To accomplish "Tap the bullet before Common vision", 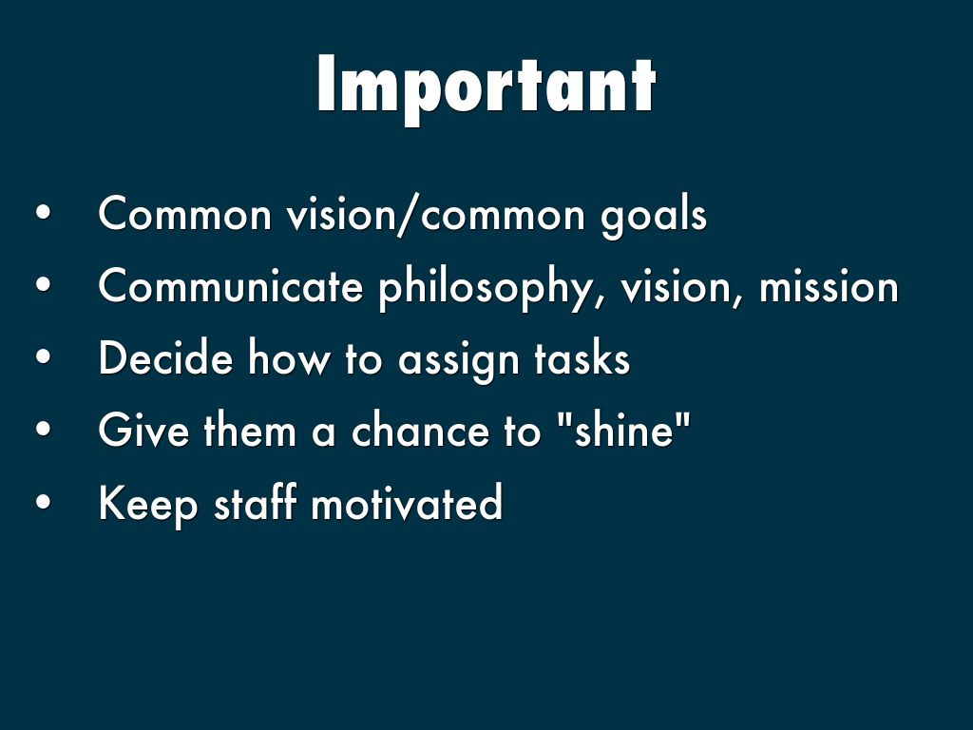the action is (x=43, y=213).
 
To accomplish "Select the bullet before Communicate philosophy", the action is (x=43, y=285).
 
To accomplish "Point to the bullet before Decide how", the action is (x=43, y=357).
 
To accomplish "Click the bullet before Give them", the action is (x=43, y=430).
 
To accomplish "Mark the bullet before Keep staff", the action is (x=43, y=502).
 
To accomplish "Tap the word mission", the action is (x=829, y=287).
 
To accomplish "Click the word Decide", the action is (x=165, y=357).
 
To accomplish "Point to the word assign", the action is (x=458, y=360).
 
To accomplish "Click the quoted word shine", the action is (x=623, y=429).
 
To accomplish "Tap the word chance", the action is (x=419, y=430).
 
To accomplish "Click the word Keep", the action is (x=147, y=504).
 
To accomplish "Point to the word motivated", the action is (x=407, y=502).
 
